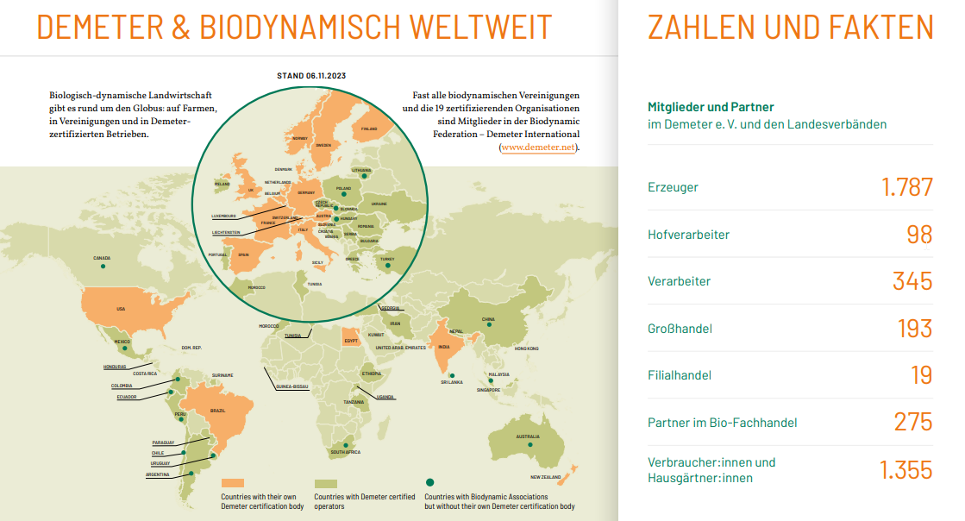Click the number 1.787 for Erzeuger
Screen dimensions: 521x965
907,187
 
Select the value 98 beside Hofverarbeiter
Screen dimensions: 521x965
919,235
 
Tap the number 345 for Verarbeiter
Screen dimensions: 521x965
912,281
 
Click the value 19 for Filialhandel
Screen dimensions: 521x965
921,375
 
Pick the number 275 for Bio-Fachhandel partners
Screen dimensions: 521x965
912,423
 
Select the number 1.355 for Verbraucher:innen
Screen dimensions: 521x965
906,470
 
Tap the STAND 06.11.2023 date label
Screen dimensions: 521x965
311,76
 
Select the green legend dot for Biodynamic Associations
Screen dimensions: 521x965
429,483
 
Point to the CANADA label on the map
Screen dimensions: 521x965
103,257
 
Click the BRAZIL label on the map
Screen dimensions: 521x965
218,411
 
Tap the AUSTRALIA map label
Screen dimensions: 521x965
528,436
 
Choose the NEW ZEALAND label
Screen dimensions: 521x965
546,477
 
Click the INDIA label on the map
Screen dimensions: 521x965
444,347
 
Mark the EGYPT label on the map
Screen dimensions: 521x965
350,341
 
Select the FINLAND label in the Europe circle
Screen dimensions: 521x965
368,129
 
